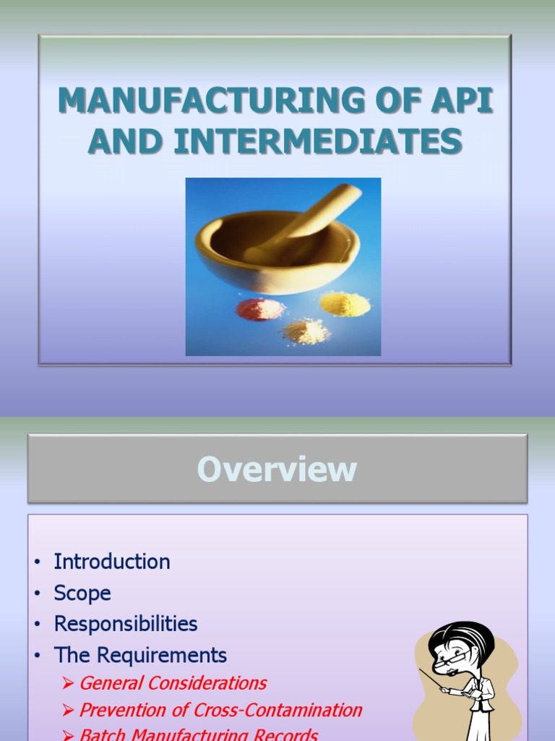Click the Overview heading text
coord(277,469)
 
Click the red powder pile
coord(260,309)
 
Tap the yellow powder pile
coord(345,304)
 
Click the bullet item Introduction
coord(112,562)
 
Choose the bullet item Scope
coord(82,593)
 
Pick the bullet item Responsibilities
coord(126,624)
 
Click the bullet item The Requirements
coord(140,656)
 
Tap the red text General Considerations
coord(173,683)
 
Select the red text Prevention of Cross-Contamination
coord(220,710)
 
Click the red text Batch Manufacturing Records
coord(198,734)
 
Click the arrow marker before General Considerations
coord(69,684)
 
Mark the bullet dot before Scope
coord(36,594)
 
